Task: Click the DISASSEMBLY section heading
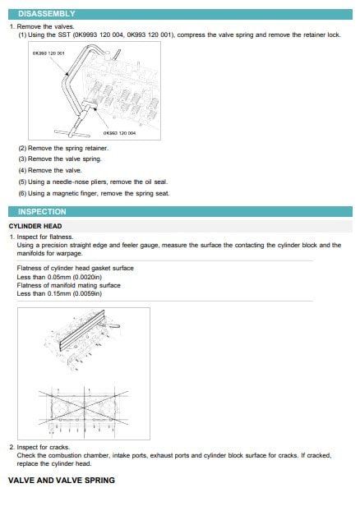click(x=47, y=14)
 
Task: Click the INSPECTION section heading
click(x=42, y=211)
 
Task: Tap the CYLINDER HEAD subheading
click(x=35, y=226)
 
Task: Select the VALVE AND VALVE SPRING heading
click(x=62, y=480)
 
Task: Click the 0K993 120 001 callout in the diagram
click(x=48, y=53)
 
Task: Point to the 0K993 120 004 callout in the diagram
click(x=119, y=133)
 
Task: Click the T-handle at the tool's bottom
click(x=68, y=133)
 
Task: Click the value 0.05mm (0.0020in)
click(x=75, y=277)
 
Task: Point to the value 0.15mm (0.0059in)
click(x=75, y=293)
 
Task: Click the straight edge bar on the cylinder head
click(x=82, y=330)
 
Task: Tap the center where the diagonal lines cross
click(x=84, y=407)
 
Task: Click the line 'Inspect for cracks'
click(x=44, y=447)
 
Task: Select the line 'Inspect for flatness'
click(x=45, y=237)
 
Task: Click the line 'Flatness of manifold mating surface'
click(x=69, y=285)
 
